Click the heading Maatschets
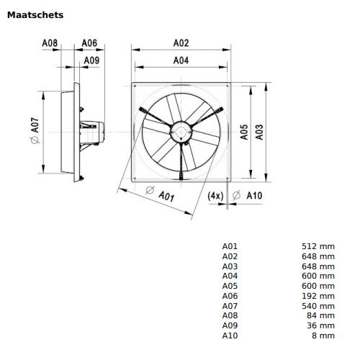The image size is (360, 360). (35, 14)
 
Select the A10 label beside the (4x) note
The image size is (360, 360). (253, 195)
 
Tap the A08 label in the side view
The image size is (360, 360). (50, 43)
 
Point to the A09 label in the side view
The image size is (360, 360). (91, 61)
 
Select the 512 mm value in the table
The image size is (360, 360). (318, 246)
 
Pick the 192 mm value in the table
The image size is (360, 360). (318, 296)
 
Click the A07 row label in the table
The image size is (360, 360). (229, 306)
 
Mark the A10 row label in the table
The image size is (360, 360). (229, 336)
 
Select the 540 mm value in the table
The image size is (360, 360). (318, 306)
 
